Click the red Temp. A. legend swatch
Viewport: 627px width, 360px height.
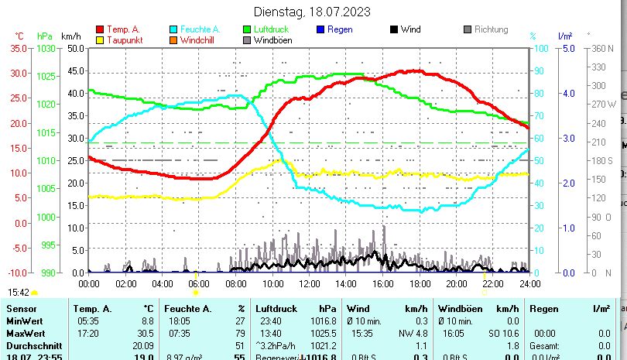click(x=100, y=29)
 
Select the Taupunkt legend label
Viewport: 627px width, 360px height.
click(x=124, y=40)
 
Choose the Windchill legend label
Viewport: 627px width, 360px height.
click(x=200, y=40)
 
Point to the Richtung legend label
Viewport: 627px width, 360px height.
click(x=492, y=29)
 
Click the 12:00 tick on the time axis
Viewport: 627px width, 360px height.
click(x=309, y=283)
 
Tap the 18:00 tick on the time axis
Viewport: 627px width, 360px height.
click(x=419, y=283)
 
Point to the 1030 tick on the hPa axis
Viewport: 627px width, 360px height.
click(x=46, y=48)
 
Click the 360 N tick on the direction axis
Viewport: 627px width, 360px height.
click(x=601, y=48)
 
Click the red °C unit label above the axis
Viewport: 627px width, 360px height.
click(x=20, y=36)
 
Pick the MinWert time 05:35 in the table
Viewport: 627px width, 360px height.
click(x=88, y=321)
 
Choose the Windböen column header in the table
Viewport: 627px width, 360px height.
click(x=458, y=309)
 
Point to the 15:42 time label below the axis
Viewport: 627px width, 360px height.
click(x=19, y=293)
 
